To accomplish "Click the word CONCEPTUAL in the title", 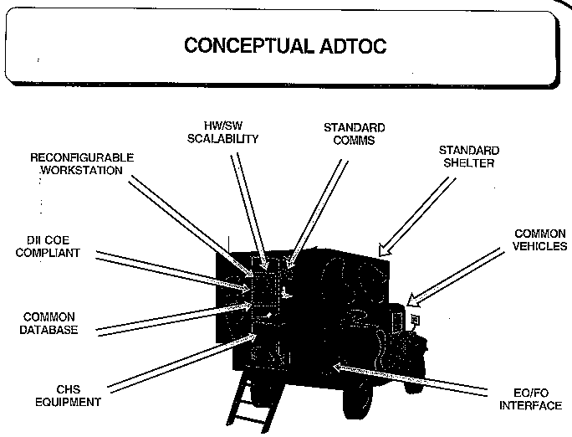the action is click(249, 46).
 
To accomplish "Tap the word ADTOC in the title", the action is click(353, 46).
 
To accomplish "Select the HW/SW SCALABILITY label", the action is click(223, 132).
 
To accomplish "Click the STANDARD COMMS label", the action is click(355, 134).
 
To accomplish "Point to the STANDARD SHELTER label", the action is click(469, 157).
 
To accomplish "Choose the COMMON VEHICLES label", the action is click(540, 240).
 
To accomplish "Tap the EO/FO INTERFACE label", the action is click(531, 399).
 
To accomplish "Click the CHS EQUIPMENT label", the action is click(68, 396).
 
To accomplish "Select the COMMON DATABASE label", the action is click(49, 323).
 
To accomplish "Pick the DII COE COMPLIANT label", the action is click(48, 246).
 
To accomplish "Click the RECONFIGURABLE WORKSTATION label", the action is click(82, 164).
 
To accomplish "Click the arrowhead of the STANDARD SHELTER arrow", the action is click(384, 249).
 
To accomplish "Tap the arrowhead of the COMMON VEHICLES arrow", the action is click(413, 300).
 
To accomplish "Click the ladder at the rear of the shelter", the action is click(253, 404).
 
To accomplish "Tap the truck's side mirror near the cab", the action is click(415, 320).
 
